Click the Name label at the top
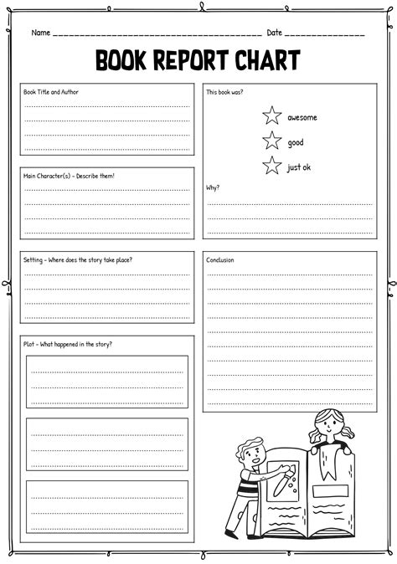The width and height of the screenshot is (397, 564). click(40, 33)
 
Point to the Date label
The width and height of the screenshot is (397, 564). click(274, 33)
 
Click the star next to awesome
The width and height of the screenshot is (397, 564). click(271, 116)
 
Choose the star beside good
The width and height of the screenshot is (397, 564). click(271, 141)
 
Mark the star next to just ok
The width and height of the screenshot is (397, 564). click(271, 166)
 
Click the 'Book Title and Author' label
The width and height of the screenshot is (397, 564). click(52, 92)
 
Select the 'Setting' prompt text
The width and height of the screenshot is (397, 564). click(78, 259)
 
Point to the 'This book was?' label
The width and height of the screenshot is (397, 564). click(226, 92)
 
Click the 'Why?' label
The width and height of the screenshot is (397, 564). click(213, 187)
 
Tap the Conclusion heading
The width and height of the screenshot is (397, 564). click(220, 259)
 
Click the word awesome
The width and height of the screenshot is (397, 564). click(302, 117)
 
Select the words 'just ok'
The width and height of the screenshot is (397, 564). click(299, 167)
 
